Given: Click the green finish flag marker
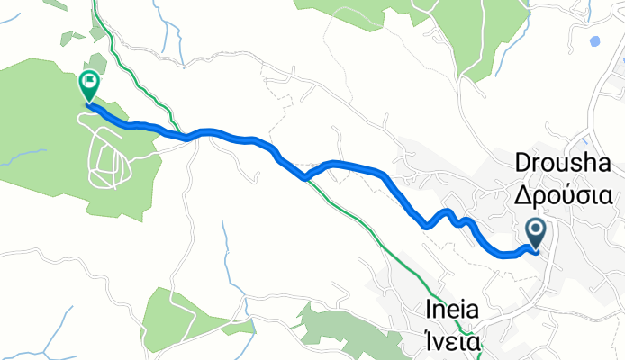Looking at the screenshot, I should click(89, 85).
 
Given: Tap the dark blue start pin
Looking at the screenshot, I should click(535, 233).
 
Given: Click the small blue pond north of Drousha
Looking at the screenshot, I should click(593, 40).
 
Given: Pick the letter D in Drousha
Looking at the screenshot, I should click(522, 163).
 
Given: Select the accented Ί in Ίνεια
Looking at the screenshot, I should click(429, 341).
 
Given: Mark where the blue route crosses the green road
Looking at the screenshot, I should click(306, 177).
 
